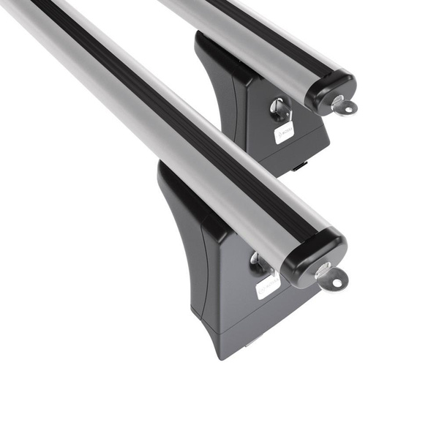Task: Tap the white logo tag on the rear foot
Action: pos(285,132)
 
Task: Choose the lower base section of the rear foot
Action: pos(293,150)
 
